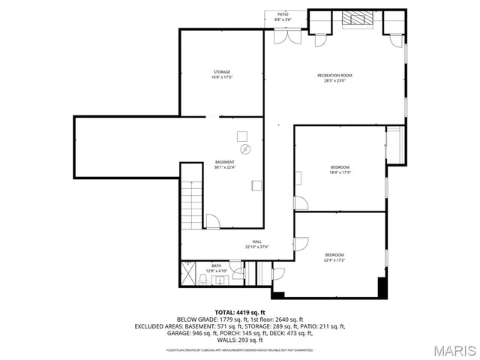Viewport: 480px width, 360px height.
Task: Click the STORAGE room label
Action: click(x=221, y=72)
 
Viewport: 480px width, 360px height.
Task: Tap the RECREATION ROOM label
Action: click(x=334, y=76)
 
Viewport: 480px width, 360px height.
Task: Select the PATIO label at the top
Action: click(x=283, y=13)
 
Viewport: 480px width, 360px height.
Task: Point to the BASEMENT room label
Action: click(x=225, y=162)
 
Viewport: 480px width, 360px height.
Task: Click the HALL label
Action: click(x=256, y=241)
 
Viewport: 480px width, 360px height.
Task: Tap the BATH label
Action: click(x=216, y=265)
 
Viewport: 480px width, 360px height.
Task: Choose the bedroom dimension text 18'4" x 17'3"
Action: click(x=340, y=172)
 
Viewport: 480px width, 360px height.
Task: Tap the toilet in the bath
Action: click(x=204, y=280)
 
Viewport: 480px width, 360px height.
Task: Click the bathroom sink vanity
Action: click(x=220, y=280)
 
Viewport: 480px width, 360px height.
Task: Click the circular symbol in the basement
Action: click(x=243, y=149)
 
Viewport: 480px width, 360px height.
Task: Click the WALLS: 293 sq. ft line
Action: click(x=240, y=340)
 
